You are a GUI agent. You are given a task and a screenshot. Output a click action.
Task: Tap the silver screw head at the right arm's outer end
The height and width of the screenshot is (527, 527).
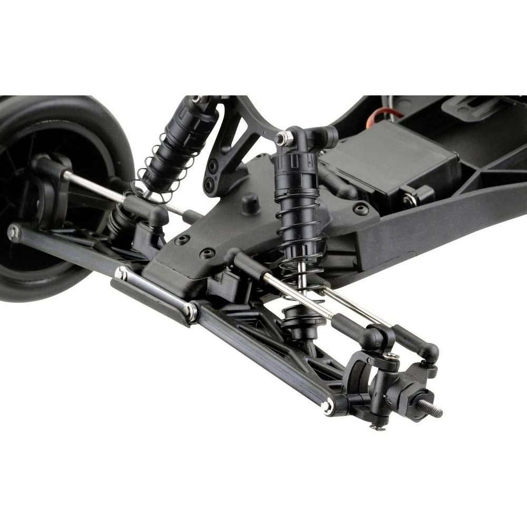327,406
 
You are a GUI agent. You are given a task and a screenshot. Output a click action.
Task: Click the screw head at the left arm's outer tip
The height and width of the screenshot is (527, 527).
13,232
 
